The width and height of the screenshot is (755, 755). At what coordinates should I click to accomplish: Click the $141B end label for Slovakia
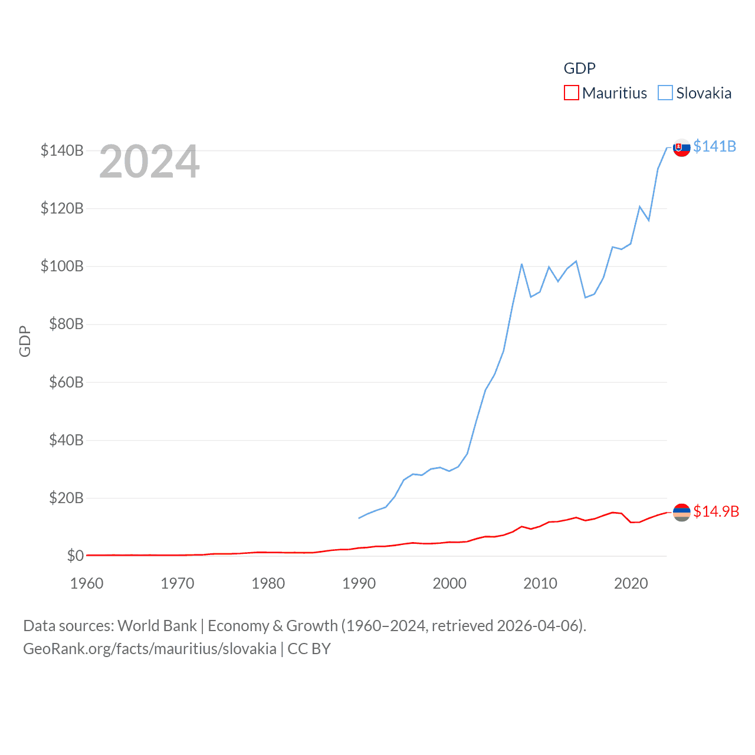coord(714,146)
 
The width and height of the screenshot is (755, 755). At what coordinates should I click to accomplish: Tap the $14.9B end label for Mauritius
coord(716,511)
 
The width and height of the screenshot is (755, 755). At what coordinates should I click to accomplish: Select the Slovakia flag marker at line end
coord(682,147)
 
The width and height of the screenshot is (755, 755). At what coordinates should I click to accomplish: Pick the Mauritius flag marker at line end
coord(682,513)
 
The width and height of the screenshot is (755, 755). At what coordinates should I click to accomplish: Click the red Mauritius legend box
coord(571,93)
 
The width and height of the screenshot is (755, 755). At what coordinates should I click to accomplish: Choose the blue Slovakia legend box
coord(665,93)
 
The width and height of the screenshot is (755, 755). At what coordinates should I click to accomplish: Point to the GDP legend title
coord(579,68)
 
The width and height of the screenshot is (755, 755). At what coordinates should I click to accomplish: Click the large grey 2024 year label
coord(149,162)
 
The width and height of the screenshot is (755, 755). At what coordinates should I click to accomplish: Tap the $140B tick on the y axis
coord(62,150)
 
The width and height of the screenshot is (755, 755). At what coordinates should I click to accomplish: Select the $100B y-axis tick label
coord(62,266)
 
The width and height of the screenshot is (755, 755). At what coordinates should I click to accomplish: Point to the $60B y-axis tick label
coord(66,382)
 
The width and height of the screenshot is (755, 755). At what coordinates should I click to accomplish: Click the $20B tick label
coord(66,498)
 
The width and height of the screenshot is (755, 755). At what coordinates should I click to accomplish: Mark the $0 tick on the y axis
coord(75,556)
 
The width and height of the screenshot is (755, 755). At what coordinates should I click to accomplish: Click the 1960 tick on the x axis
coord(87,583)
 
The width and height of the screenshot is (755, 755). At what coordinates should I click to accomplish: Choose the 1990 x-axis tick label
coord(359,583)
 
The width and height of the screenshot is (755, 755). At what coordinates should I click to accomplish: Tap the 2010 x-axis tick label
coord(540,583)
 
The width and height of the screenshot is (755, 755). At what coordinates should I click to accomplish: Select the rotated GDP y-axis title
coord(25,341)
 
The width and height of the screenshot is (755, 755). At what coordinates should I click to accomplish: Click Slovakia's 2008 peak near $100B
coord(522,264)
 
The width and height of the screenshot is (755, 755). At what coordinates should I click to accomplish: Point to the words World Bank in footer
coord(157,626)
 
